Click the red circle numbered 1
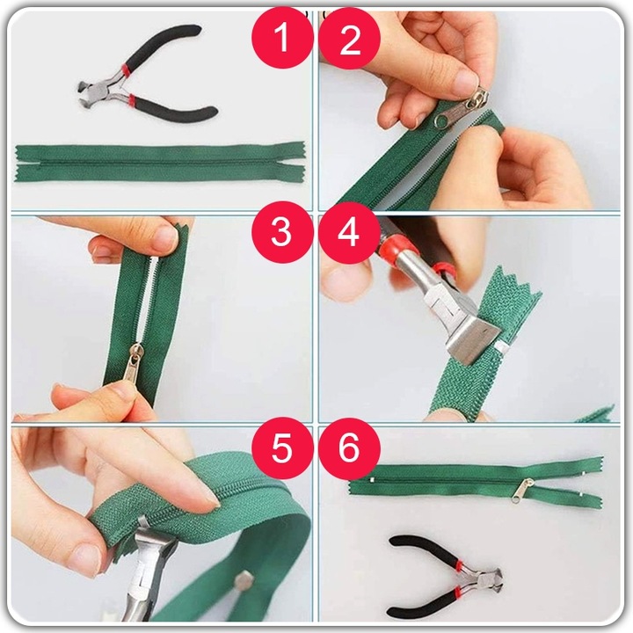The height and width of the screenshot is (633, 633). point(282,38)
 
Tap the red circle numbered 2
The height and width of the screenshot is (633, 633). point(350,38)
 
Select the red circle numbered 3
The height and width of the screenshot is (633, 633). point(282,232)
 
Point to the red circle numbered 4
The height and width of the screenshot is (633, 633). point(350,233)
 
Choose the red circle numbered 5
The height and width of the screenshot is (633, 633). point(282,448)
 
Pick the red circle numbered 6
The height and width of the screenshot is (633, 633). point(350,448)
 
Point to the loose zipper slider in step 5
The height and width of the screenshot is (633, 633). point(244,581)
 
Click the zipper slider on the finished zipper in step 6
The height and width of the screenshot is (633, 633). point(523,490)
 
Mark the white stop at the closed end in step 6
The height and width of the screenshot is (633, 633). point(371,480)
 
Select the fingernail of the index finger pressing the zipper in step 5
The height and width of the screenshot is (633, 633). point(209,499)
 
